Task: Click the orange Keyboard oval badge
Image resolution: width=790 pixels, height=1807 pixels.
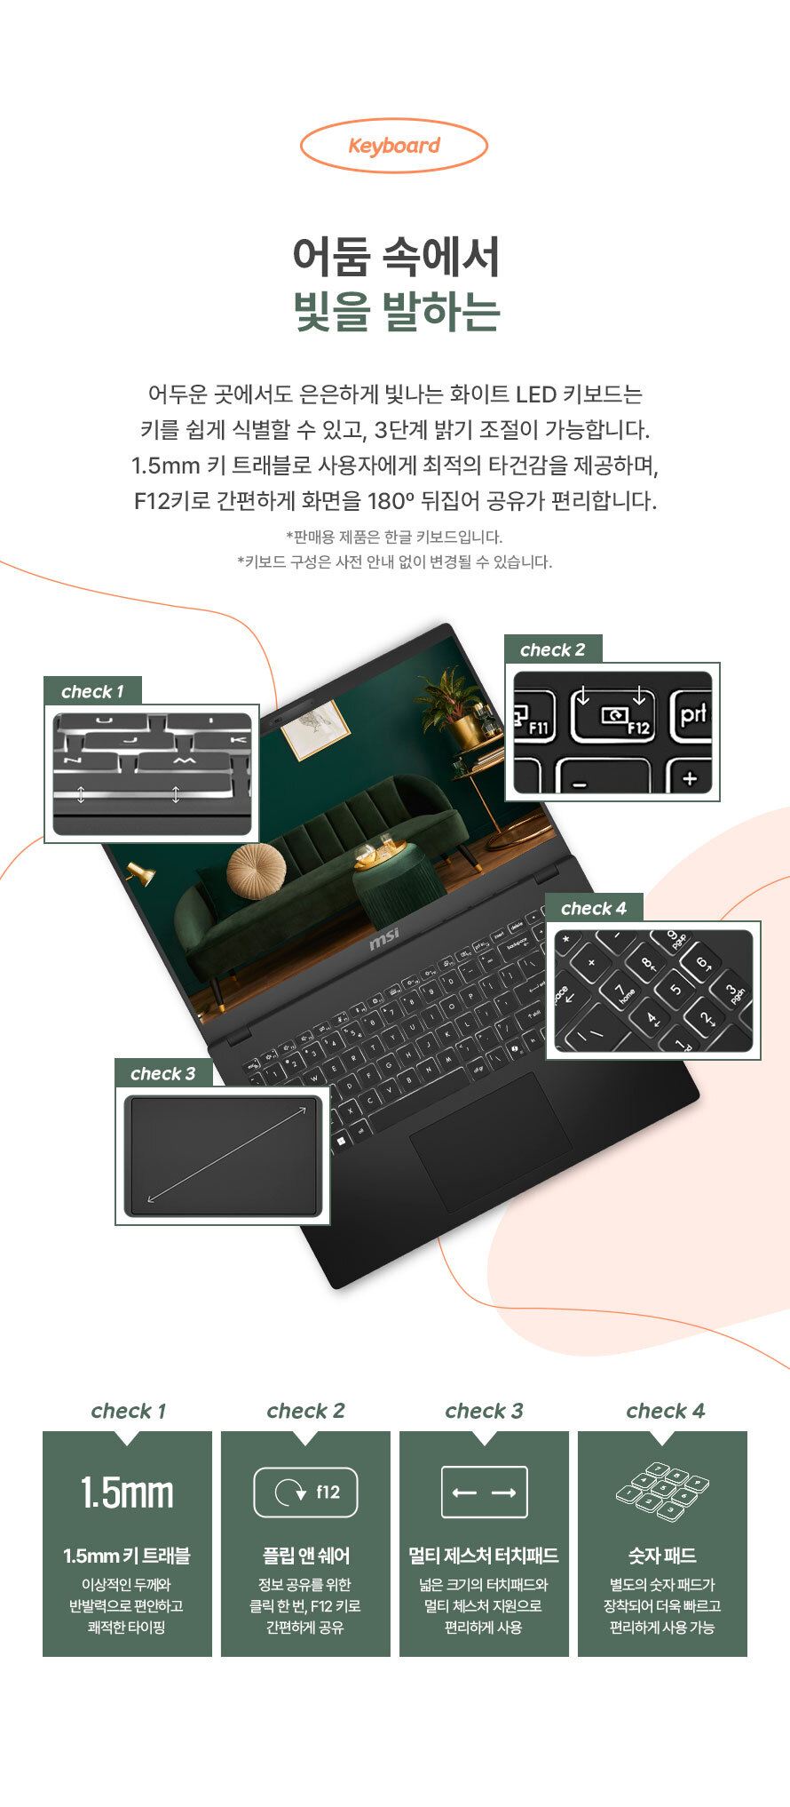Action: pyautogui.click(x=394, y=146)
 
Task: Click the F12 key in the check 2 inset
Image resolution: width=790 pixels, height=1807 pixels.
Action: pyautogui.click(x=612, y=714)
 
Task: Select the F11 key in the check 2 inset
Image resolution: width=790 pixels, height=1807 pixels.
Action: pyautogui.click(x=534, y=715)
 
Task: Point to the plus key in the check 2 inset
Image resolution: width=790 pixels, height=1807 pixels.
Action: pyautogui.click(x=690, y=778)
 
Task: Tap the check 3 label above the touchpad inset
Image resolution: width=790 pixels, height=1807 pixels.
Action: pyautogui.click(x=162, y=1073)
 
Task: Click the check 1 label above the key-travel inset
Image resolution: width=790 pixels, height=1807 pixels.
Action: pyautogui.click(x=92, y=691)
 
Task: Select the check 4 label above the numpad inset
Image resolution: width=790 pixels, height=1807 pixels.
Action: pyautogui.click(x=593, y=908)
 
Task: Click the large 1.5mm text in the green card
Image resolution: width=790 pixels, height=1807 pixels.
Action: pyautogui.click(x=127, y=1493)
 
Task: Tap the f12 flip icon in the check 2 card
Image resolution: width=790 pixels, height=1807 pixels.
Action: pyautogui.click(x=305, y=1492)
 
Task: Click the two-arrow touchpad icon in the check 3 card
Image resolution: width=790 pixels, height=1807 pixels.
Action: pyautogui.click(x=484, y=1492)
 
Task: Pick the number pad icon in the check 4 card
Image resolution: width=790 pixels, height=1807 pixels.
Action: pyautogui.click(x=662, y=1487)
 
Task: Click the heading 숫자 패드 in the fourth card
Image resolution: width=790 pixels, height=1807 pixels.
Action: pyautogui.click(x=662, y=1556)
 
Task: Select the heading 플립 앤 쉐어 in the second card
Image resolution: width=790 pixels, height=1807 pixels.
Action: pyautogui.click(x=305, y=1556)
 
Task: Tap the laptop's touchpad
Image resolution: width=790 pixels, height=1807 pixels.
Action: pyautogui.click(x=490, y=1142)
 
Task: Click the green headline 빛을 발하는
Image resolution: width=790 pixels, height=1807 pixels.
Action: pyautogui.click(x=396, y=311)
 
